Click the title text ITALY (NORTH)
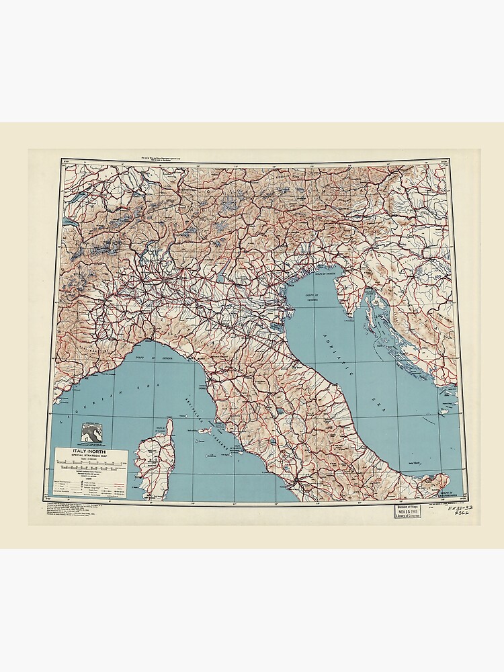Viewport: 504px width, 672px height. (89, 452)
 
